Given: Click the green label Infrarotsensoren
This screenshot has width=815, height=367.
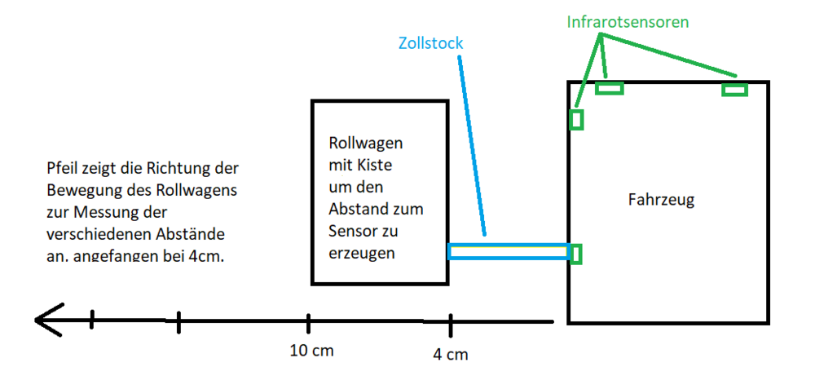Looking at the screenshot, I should [628, 22].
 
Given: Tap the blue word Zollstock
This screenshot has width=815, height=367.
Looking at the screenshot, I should [431, 43].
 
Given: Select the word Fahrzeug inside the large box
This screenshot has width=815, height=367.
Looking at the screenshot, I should [660, 199].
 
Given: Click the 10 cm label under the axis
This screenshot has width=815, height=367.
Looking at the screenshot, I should [312, 351].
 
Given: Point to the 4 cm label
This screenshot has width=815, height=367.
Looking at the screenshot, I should [451, 355].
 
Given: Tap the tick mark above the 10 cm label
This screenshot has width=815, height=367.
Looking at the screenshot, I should [308, 324].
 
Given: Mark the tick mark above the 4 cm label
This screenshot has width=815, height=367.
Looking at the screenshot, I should [450, 325].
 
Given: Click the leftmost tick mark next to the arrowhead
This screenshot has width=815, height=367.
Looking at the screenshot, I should [91, 320].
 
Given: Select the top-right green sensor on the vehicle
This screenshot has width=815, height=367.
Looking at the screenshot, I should [734, 90].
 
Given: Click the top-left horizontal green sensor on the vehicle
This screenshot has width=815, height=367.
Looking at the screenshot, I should [609, 88].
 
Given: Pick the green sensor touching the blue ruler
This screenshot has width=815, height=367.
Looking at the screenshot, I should [576, 254].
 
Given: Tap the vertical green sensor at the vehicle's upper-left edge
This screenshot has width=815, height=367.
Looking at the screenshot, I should [576, 120].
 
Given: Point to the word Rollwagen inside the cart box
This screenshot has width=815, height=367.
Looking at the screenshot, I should [366, 143].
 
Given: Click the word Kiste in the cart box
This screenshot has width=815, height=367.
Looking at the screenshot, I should [376, 165].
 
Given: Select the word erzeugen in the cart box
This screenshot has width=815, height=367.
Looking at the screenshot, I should [361, 253].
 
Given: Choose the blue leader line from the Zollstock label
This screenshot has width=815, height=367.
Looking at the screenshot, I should [474, 147].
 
